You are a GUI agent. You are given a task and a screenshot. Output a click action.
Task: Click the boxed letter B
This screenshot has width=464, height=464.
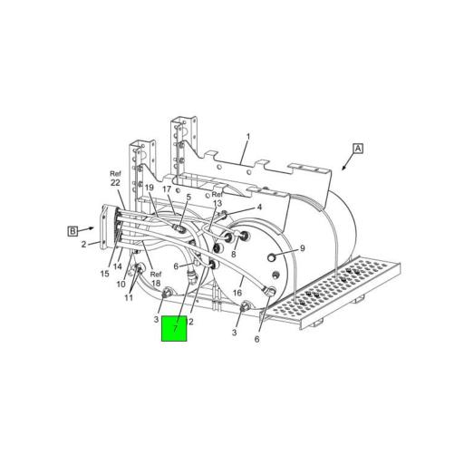73,231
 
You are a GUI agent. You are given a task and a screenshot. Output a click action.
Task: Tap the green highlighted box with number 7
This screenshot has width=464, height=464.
174,327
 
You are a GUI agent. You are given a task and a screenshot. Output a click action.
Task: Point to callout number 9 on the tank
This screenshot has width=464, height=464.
302,247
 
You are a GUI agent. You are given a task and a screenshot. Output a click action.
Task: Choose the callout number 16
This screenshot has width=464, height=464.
237,292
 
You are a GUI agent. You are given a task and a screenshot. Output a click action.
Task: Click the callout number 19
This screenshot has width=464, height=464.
150,188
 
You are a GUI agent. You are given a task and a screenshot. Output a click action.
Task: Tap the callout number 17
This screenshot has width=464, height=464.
168,189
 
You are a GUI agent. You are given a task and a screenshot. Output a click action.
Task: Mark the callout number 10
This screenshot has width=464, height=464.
121,285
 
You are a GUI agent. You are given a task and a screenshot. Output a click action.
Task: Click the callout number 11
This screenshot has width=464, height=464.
129,297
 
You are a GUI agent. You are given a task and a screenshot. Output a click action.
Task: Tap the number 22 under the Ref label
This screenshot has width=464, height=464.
115,182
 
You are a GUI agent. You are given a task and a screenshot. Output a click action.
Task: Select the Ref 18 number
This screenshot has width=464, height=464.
155,285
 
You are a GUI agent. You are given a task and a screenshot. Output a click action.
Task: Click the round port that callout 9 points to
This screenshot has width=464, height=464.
271,257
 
